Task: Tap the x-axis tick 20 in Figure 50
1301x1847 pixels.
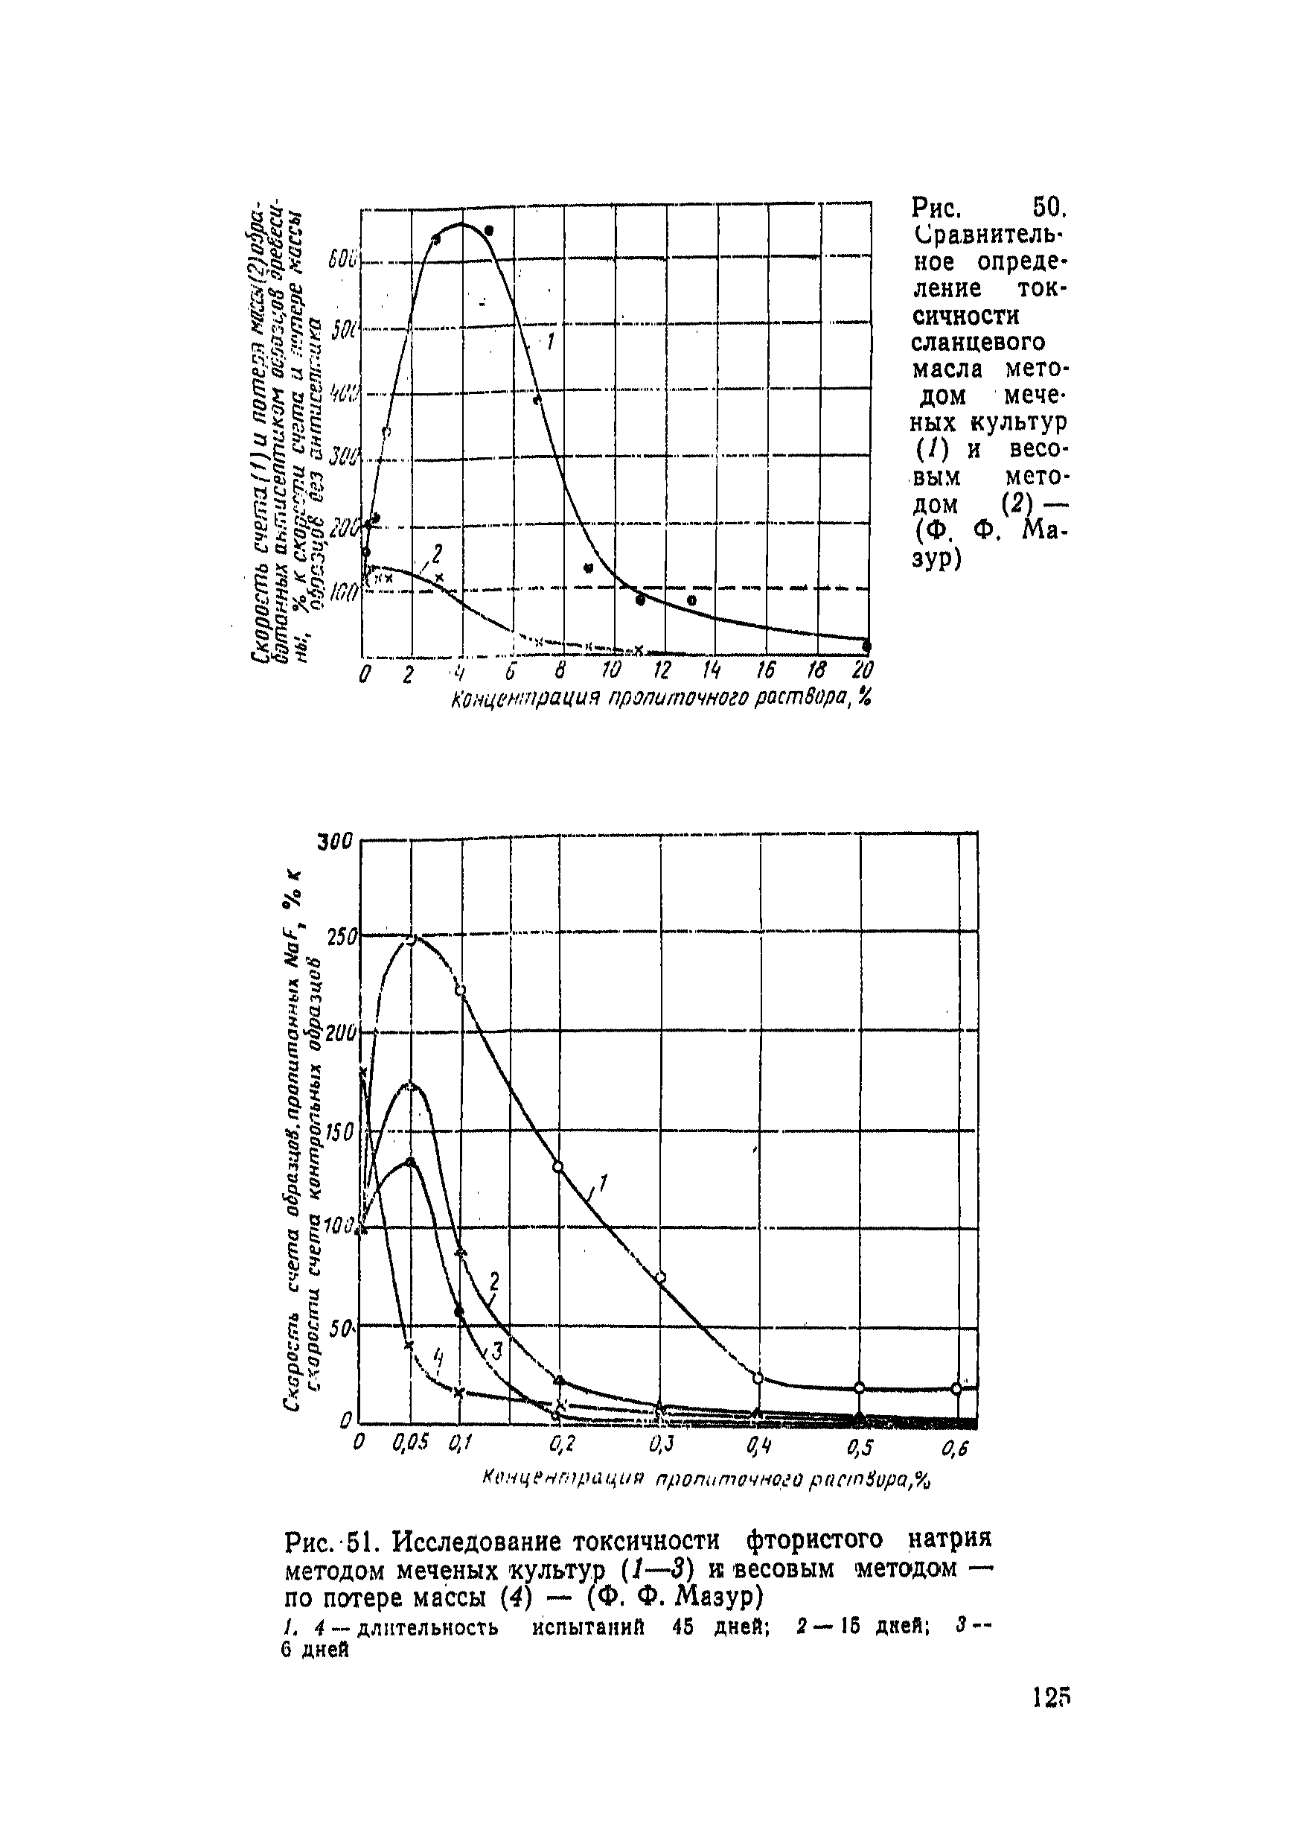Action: click(x=863, y=671)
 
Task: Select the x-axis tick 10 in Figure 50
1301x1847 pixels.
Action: click(x=611, y=671)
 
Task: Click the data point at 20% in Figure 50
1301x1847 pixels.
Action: click(x=867, y=645)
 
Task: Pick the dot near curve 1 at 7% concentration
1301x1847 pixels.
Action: click(x=537, y=400)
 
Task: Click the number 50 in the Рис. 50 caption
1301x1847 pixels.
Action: click(x=1049, y=209)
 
